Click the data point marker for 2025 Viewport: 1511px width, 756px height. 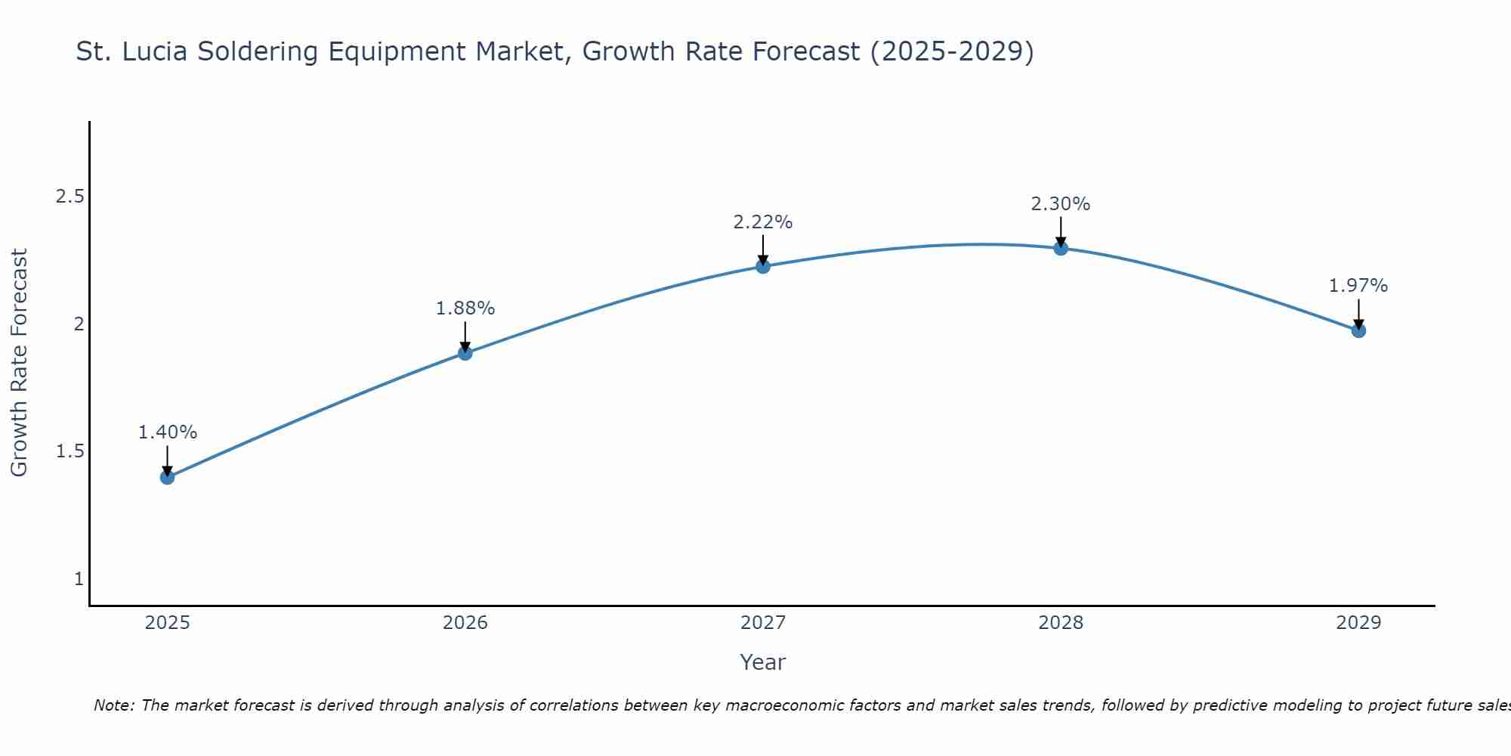(x=167, y=477)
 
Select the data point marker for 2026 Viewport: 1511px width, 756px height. (x=465, y=353)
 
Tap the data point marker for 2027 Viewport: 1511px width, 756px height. (x=762, y=266)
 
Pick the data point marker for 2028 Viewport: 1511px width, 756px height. (x=1060, y=248)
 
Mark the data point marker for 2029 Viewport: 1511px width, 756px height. (x=1358, y=330)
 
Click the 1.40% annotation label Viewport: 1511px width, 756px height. (x=167, y=432)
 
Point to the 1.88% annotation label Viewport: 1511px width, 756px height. (x=465, y=308)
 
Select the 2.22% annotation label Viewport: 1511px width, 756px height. (x=762, y=222)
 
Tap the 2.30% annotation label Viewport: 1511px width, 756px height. (x=1060, y=204)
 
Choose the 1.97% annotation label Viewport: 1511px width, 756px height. (x=1358, y=286)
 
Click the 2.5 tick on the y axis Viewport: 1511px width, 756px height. (x=70, y=197)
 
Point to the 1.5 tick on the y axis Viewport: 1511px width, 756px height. (x=70, y=451)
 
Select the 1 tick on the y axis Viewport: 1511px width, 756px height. (x=79, y=579)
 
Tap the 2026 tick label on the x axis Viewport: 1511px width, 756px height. (x=465, y=623)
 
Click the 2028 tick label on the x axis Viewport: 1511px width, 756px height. (x=1060, y=623)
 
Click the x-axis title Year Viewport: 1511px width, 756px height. (x=762, y=662)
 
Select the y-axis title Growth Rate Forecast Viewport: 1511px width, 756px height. (x=19, y=363)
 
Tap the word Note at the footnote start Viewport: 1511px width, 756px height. (x=113, y=705)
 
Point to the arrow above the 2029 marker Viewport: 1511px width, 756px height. (x=1358, y=313)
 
